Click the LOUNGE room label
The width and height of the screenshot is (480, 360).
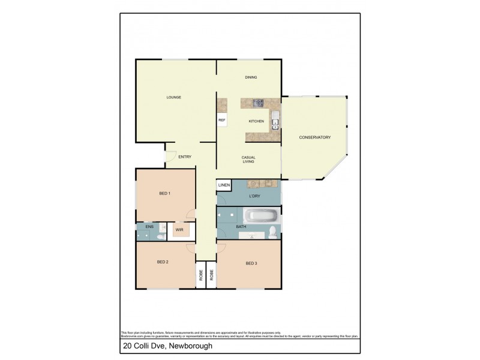tap(173, 97)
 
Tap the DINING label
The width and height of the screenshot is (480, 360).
tap(251, 77)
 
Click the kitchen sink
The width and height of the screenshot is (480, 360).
tap(274, 121)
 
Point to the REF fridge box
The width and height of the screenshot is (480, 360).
tap(222, 121)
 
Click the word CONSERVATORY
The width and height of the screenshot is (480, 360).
tap(314, 137)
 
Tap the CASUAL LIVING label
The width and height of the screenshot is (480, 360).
tap(249, 159)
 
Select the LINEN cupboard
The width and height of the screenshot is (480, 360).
tap(224, 185)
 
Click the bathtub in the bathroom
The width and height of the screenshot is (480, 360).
tap(260, 215)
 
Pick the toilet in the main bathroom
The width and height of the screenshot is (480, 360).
tap(272, 232)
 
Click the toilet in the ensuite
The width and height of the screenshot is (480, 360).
tap(160, 236)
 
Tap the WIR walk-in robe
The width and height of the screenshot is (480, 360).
tap(179, 229)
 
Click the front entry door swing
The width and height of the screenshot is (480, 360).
tap(170, 157)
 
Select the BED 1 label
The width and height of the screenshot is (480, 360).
tap(164, 193)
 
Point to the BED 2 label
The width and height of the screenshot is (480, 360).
tap(163, 262)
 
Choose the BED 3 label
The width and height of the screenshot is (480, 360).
tap(251, 263)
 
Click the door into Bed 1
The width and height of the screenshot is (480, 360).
tap(191, 213)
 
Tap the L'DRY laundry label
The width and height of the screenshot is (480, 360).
tap(254, 196)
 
